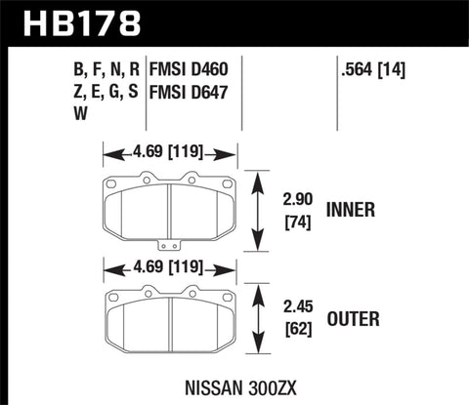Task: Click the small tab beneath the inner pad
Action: (169, 245)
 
